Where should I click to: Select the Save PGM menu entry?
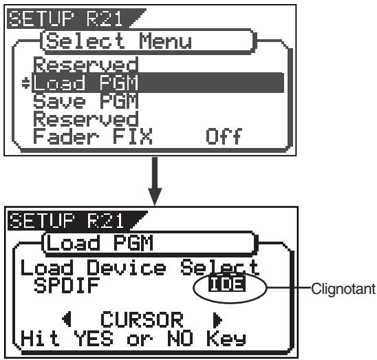(86, 101)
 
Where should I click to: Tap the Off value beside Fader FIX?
(224, 136)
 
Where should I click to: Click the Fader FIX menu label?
(93, 136)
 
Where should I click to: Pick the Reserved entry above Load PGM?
(86, 65)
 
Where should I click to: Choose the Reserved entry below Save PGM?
(86, 118)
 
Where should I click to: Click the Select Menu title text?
(119, 41)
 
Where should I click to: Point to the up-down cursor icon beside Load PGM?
(25, 83)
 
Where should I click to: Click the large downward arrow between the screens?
(155, 181)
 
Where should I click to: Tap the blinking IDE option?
(227, 284)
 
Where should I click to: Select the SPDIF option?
(67, 286)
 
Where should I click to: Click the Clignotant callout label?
(343, 289)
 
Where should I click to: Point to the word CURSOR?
(142, 319)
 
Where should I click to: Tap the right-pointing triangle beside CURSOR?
(218, 320)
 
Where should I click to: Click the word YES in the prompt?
(94, 338)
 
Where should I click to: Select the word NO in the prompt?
(180, 338)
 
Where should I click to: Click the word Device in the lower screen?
(126, 267)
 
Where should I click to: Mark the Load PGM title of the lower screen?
(100, 243)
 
